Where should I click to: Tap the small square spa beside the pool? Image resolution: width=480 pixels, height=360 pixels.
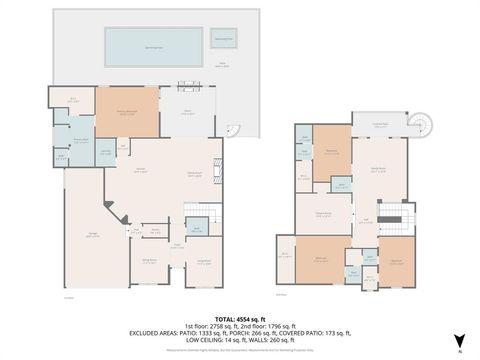[225, 41]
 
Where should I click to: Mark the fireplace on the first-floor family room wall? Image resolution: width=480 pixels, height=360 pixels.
[219, 171]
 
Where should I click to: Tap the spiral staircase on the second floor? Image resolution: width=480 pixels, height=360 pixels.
[427, 125]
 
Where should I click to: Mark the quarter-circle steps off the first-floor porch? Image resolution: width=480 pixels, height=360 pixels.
[234, 131]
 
